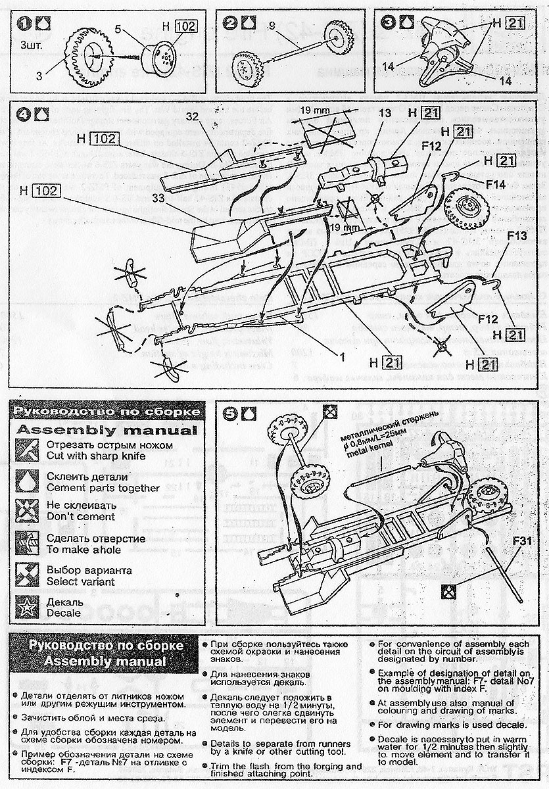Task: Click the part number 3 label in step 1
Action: (x=39, y=76)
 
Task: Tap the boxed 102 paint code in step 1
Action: (x=186, y=26)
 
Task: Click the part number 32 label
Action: (x=193, y=117)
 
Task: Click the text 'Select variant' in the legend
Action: (x=80, y=581)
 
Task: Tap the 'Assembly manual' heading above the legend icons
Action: (x=106, y=431)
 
